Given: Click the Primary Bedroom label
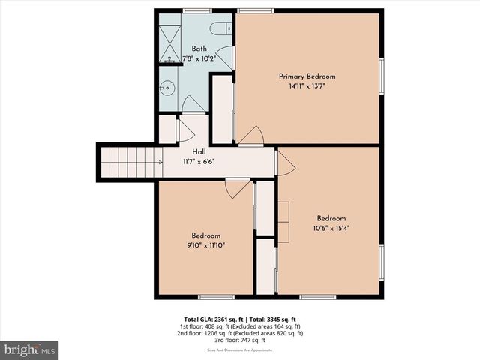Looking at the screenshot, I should point(307,76).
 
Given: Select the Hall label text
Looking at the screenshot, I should point(199,152).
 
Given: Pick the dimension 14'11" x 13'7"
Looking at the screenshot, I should point(307,86).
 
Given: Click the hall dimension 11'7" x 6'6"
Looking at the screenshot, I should point(199,161).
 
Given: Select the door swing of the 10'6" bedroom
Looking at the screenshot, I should point(285,164).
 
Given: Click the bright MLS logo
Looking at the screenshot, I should point(29,350).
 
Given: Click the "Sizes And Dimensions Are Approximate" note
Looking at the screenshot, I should point(240,349).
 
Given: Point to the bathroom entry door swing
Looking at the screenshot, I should point(193,104).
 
